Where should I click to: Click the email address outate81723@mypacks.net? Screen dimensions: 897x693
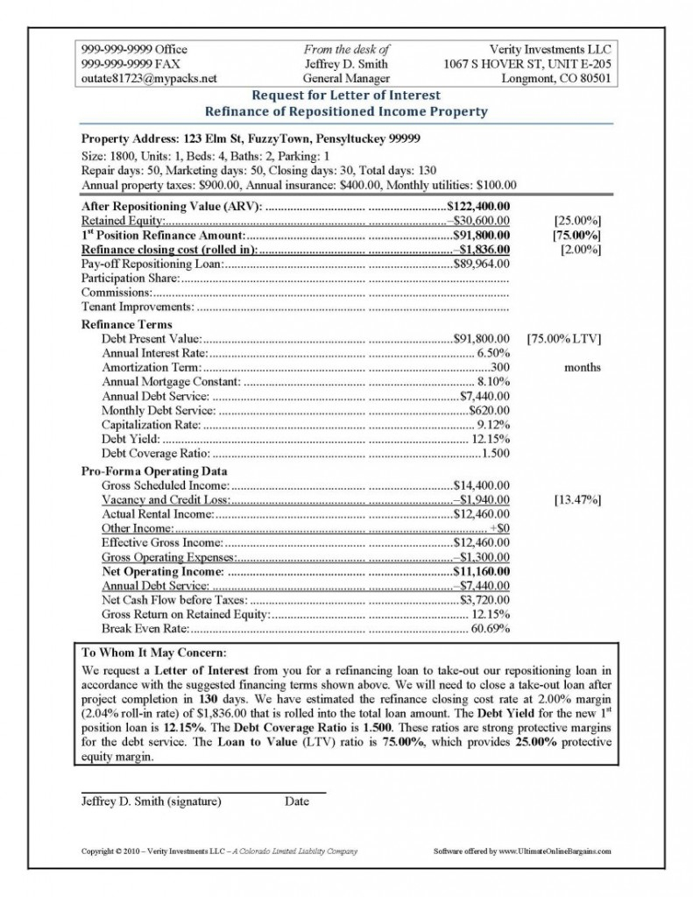pyautogui.click(x=149, y=78)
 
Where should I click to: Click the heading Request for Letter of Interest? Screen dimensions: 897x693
pyautogui.click(x=345, y=95)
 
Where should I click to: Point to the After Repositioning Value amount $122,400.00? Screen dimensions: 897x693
pyautogui.click(x=478, y=205)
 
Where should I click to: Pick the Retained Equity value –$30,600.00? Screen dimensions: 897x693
pyautogui.click(x=479, y=220)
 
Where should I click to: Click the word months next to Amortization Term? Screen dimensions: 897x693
pyautogui.click(x=583, y=367)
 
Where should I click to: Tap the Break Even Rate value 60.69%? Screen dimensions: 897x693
pyautogui.click(x=491, y=628)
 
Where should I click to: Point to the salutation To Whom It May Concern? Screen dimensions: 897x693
pyautogui.click(x=153, y=653)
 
